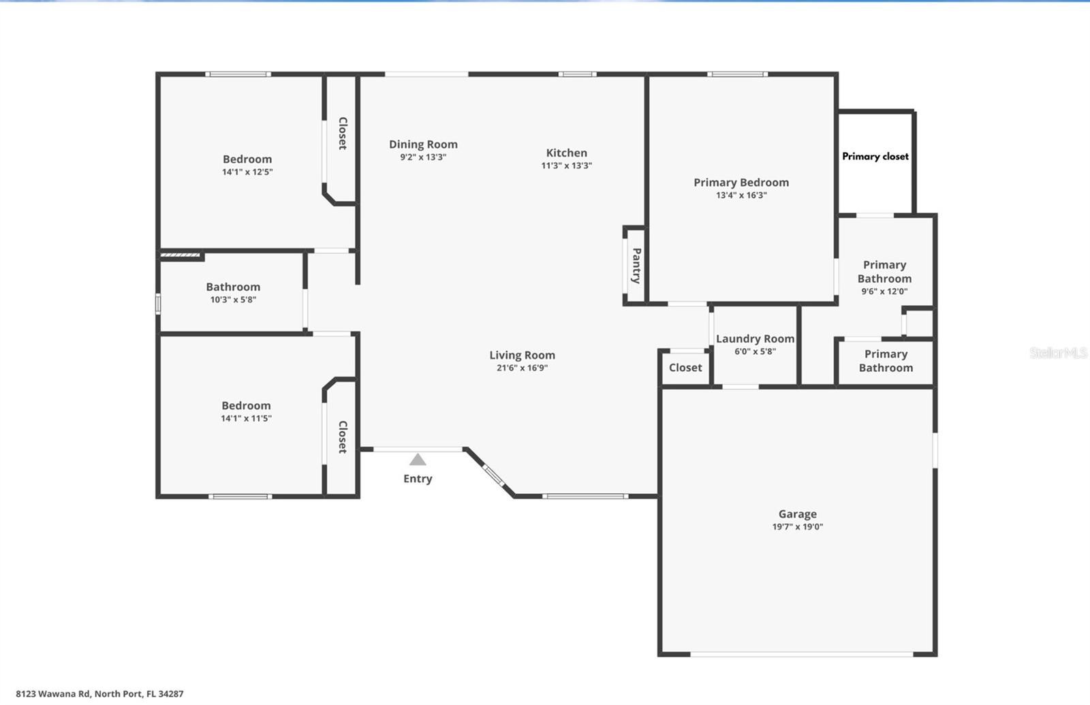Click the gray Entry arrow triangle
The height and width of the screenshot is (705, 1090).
tap(418, 459)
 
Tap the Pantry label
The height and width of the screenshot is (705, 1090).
tap(636, 266)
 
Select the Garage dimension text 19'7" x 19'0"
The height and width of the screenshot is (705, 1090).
tap(798, 527)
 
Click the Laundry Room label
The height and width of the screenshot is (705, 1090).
tap(756, 339)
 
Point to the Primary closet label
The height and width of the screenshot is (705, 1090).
tap(875, 156)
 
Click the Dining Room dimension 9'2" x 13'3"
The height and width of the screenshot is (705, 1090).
tap(423, 157)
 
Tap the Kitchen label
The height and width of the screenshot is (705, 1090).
tap(566, 153)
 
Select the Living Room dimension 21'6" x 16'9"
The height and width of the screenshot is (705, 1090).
tap(522, 368)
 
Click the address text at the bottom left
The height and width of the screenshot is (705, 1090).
tap(99, 694)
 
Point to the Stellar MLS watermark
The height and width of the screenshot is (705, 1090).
tap(1058, 353)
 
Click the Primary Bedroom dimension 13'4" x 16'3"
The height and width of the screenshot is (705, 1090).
tap(741, 195)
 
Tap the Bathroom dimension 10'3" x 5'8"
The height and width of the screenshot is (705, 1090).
tap(233, 300)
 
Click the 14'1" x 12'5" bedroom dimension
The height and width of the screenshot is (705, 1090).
tap(247, 172)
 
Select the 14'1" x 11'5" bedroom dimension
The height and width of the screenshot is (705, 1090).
tap(246, 418)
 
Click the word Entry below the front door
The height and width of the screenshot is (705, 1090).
tap(418, 479)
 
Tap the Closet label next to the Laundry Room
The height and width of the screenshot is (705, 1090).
tap(685, 368)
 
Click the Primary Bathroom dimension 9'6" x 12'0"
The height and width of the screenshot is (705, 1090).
tap(884, 292)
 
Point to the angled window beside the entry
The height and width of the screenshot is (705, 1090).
tap(493, 475)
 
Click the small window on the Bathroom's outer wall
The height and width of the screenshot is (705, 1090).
tap(157, 304)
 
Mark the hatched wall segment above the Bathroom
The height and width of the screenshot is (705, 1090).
tap(180, 255)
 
